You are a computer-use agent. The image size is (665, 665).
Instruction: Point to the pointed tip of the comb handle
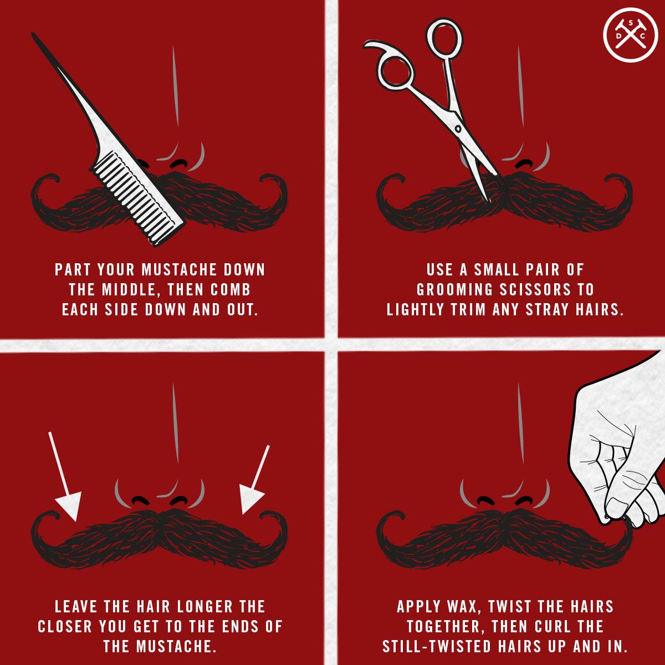point(33,34)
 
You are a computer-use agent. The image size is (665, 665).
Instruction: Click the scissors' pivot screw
point(458,129)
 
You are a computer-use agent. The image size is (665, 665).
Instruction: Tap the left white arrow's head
point(70,504)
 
